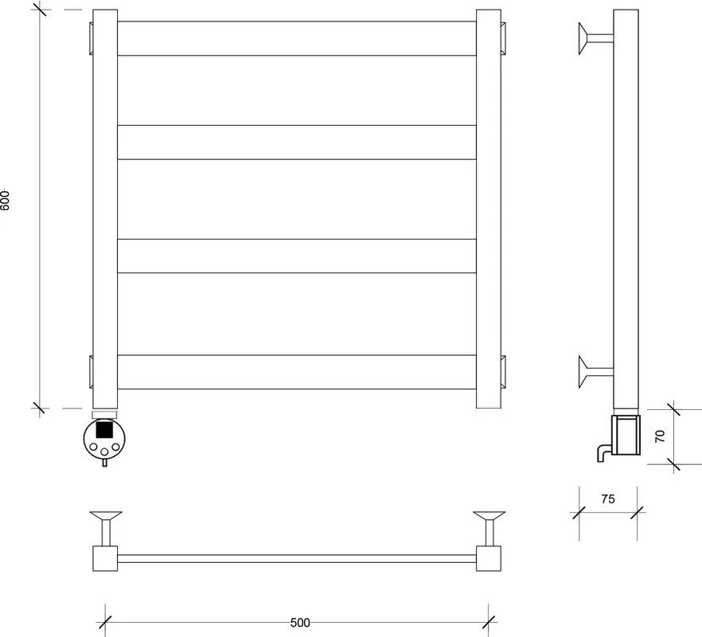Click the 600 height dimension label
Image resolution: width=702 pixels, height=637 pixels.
coord(5,201)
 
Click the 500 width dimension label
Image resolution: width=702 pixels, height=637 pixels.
coord(300,623)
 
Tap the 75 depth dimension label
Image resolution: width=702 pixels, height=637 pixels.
coord(608,499)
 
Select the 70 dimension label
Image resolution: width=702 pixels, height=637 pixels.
coord(660,436)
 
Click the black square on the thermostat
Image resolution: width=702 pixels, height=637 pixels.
coord(104,429)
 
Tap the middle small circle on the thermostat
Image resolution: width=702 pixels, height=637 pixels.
coord(104,451)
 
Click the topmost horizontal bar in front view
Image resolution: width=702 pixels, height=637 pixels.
coord(297,38)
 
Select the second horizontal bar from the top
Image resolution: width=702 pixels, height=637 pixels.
coord(297,143)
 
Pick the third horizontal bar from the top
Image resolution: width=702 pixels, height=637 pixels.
coord(297,256)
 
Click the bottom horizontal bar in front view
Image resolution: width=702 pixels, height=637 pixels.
coord(297,372)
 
